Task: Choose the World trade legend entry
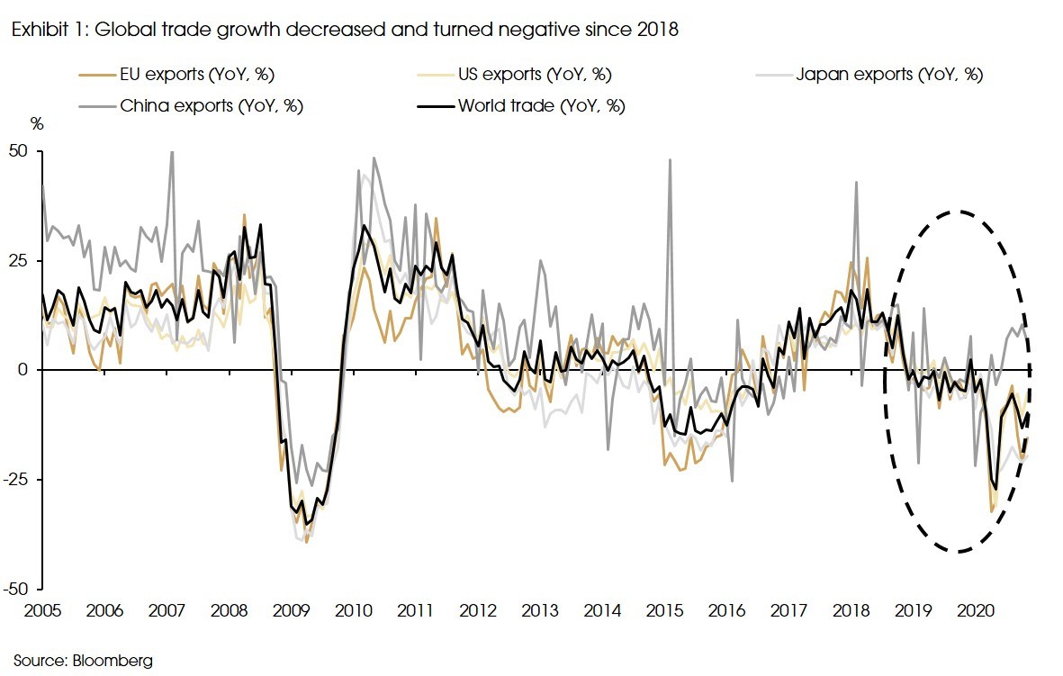point(541,105)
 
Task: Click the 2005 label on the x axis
point(41,610)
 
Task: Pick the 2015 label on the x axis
point(662,610)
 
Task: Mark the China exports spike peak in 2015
point(671,160)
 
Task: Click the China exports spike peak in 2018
point(856,183)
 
